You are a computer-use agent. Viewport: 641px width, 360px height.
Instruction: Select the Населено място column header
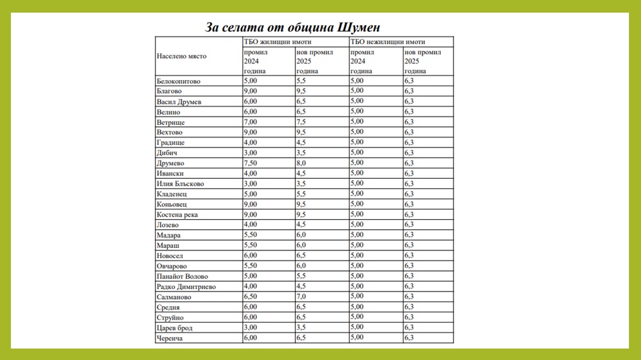point(181,56)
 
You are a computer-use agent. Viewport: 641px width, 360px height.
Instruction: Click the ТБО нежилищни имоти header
point(388,42)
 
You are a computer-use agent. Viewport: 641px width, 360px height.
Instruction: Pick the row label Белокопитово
point(178,81)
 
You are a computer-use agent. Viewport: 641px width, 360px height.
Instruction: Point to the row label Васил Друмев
point(179,102)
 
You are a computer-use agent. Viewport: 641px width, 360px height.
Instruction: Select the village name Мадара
point(169,235)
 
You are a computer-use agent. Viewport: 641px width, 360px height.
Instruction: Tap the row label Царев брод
point(174,328)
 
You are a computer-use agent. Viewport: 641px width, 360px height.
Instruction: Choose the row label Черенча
point(170,338)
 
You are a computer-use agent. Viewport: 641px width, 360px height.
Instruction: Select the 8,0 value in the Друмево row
point(301,163)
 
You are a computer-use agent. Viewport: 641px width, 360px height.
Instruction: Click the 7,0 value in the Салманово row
point(301,297)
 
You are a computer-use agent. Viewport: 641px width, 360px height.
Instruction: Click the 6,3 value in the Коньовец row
point(409,204)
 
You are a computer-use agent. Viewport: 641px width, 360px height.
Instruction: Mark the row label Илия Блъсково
point(180,184)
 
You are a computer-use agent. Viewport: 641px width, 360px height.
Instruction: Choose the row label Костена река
point(177,215)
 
